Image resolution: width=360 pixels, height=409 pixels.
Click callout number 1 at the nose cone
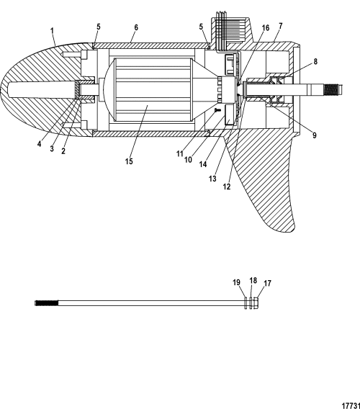coord(52,31)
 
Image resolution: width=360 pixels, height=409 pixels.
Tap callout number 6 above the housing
coord(136,27)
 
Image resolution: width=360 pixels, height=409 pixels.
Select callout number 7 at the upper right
coord(280,26)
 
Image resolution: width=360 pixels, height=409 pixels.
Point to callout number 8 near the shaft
coord(315,61)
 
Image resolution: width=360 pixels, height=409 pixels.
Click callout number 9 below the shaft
coord(315,135)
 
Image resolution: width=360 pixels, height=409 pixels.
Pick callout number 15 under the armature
coord(129,161)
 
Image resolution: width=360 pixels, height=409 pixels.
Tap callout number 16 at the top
coord(266,28)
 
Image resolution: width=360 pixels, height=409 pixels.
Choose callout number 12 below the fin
coord(227,186)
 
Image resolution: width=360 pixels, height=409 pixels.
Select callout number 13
coord(212,179)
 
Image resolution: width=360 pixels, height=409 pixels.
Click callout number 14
coord(203,164)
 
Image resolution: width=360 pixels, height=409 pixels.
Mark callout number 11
coord(180,154)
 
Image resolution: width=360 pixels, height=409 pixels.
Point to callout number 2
coord(63,150)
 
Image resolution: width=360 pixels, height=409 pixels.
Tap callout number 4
coord(39,144)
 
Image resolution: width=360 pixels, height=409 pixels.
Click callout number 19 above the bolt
coord(236,282)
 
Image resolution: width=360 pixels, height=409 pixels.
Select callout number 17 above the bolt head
coord(267,283)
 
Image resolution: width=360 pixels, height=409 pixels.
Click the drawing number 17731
coord(351,405)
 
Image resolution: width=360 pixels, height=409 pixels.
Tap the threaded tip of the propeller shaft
coord(335,89)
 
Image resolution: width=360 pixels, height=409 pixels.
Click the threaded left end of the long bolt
coord(46,303)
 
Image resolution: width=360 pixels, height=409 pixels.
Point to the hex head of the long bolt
coord(256,303)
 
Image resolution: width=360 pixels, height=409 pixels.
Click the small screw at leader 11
coord(217,111)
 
